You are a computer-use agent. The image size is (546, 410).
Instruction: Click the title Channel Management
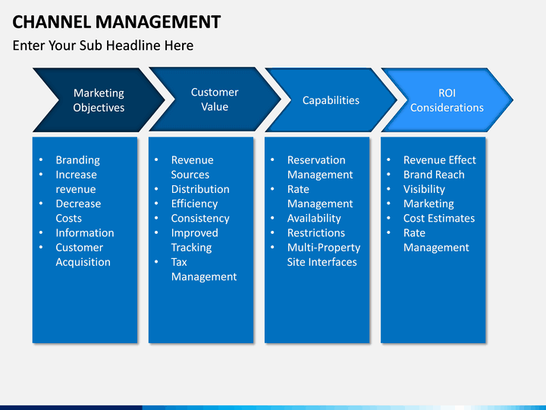click(x=117, y=21)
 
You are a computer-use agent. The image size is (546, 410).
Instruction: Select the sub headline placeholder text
click(x=103, y=46)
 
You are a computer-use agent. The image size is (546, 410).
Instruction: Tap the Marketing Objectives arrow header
click(x=99, y=100)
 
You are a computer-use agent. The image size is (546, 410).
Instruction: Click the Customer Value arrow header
click(x=215, y=99)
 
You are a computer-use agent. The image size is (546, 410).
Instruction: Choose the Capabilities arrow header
click(x=331, y=100)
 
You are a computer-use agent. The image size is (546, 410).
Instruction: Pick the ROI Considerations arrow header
click(x=447, y=100)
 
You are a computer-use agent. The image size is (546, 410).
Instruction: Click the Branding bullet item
click(x=77, y=160)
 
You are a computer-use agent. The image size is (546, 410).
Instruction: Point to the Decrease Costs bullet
click(x=78, y=211)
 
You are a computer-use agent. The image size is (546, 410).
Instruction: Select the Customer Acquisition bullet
click(x=83, y=255)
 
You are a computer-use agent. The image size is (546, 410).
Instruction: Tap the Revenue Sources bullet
click(x=193, y=167)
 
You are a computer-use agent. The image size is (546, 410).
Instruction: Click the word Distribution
click(x=200, y=189)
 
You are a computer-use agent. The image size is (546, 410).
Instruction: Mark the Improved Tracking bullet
click(x=194, y=240)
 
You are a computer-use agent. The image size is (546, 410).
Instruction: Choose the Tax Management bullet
click(x=203, y=270)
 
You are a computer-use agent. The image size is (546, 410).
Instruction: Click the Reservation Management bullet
click(x=319, y=167)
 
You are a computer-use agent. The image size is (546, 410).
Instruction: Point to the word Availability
click(x=314, y=218)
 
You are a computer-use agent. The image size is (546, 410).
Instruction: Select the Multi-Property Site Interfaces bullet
click(x=323, y=255)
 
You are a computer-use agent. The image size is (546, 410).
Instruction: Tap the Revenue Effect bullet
click(x=439, y=160)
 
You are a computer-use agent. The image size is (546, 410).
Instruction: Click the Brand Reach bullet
click(x=434, y=175)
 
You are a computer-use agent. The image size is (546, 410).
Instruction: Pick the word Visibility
click(x=424, y=189)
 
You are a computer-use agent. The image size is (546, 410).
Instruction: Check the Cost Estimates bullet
click(x=438, y=218)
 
